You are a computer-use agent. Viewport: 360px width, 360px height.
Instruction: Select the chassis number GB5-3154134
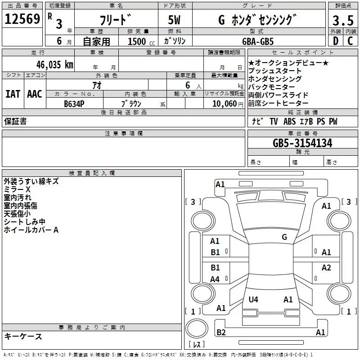click(302, 144)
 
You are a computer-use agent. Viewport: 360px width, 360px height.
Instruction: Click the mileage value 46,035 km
click(55, 64)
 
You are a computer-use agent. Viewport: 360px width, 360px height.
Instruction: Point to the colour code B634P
click(74, 103)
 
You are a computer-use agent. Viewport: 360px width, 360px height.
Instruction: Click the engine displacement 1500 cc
click(139, 41)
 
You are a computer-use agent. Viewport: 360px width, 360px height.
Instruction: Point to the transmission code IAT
click(13, 94)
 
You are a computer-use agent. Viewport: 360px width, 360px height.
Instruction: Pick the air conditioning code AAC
click(35, 94)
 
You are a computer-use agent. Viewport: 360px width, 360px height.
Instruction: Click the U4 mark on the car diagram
click(253, 299)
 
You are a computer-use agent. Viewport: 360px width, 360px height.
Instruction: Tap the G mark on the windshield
click(284, 237)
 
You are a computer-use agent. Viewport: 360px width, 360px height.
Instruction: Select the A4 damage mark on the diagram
click(215, 279)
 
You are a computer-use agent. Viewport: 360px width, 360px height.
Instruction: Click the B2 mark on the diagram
click(221, 333)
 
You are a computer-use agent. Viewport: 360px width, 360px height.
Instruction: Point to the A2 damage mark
click(326, 268)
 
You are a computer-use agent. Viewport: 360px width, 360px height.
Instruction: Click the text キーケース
click(23, 337)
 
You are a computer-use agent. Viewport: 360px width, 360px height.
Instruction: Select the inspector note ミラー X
click(17, 189)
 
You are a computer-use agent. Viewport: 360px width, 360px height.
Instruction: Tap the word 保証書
click(15, 121)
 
